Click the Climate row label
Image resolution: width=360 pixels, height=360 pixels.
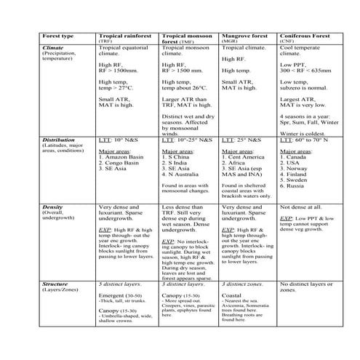pyautogui.click(x=35, y=47)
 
